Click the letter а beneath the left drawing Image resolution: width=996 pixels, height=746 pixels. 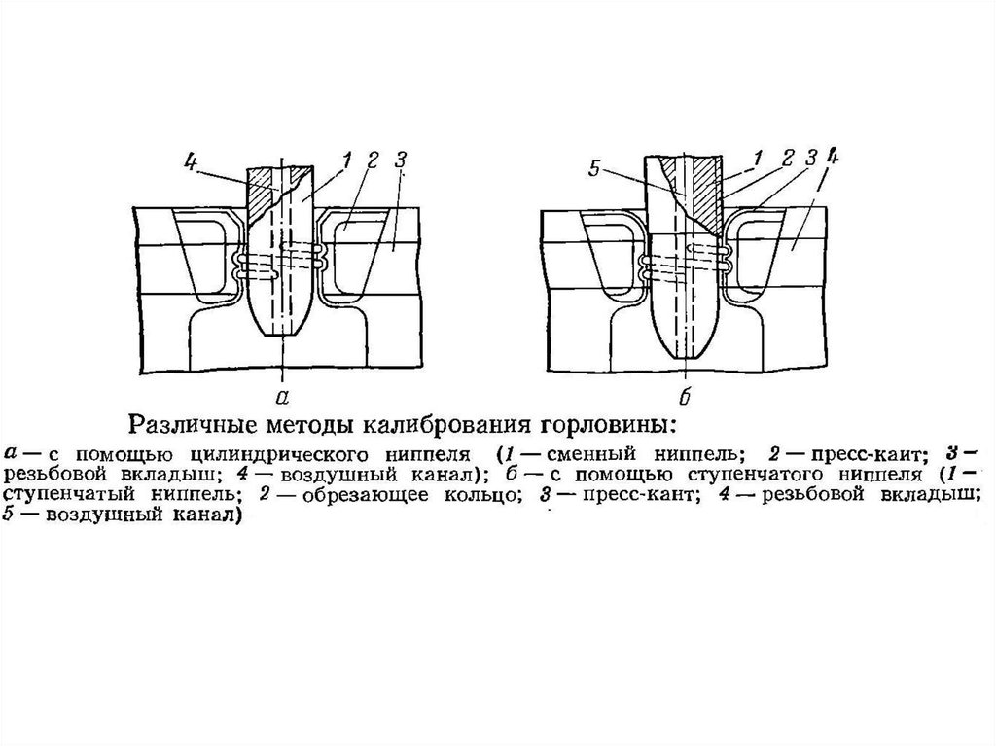click(x=281, y=394)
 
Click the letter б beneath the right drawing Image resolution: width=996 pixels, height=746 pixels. click(x=685, y=393)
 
